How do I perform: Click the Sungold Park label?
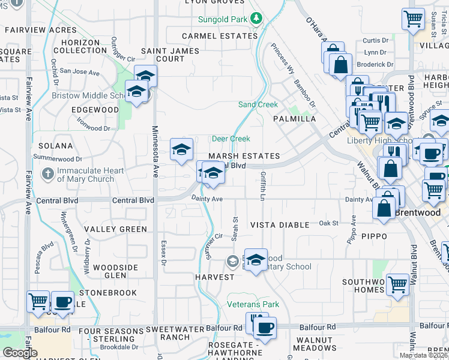click(223, 19)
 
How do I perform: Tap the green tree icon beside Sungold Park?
click(256, 19)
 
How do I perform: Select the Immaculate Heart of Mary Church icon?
click(49, 174)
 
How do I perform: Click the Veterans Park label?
click(253, 304)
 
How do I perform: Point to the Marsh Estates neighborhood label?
click(244, 156)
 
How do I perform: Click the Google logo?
click(20, 353)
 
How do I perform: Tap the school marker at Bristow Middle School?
click(137, 91)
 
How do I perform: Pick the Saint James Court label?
click(170, 55)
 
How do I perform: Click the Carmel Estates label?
click(220, 36)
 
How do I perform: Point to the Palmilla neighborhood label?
click(294, 119)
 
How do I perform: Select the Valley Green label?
click(115, 229)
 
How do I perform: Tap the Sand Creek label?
click(258, 104)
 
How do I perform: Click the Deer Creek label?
click(231, 139)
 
